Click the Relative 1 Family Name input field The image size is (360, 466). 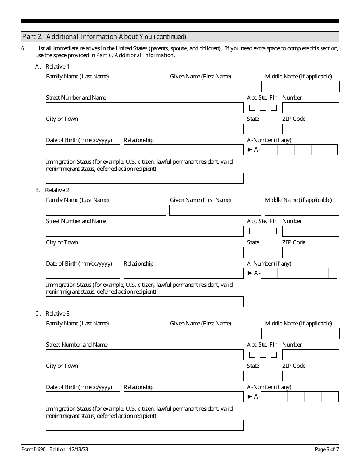tap(106, 87)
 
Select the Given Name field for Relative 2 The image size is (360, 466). tap(215, 210)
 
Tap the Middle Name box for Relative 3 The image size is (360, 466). tap(302, 334)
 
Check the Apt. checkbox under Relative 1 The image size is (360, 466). tap(252, 108)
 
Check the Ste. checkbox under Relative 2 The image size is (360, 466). tap(263, 231)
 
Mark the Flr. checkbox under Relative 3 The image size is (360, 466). tap(274, 355)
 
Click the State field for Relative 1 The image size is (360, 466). tap(263, 129)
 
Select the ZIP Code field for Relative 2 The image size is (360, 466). tap(310, 253)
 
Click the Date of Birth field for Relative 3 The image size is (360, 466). tap(83, 397)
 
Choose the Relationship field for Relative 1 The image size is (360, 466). tap(183, 150)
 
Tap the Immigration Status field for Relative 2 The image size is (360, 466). tap(144, 302)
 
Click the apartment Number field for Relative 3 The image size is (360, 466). tap(310, 355)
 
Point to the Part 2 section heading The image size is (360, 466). tap(104, 37)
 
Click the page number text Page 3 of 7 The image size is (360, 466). tap(327, 450)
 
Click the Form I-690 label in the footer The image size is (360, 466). tap(33, 450)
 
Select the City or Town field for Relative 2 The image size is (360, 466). tap(144, 253)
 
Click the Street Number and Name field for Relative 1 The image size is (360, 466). tap(144, 108)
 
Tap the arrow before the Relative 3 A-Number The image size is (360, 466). tap(250, 397)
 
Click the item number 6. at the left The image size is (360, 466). tap(23, 48)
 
